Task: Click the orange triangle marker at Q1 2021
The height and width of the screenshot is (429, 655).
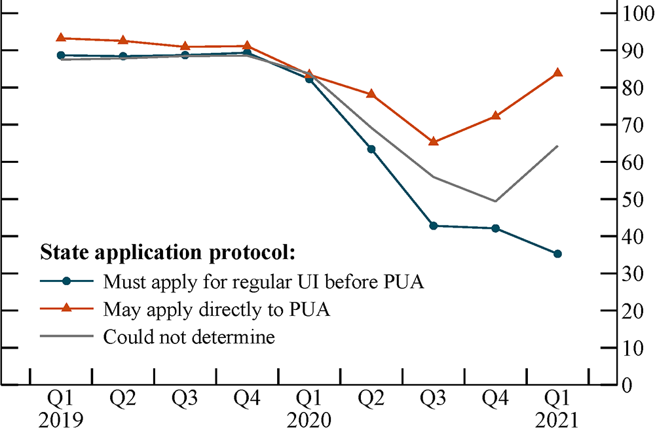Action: coord(557,73)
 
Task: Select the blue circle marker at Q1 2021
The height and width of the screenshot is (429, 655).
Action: coord(557,254)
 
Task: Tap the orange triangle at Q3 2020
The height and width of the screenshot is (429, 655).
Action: coord(433,141)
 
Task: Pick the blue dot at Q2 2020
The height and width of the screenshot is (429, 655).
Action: coord(371,149)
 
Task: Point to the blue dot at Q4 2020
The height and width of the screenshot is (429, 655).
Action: coord(495,228)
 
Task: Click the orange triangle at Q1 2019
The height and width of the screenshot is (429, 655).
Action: coord(61,38)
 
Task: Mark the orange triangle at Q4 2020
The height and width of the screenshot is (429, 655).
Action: coord(495,116)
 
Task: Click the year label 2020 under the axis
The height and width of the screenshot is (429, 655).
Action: coord(309,419)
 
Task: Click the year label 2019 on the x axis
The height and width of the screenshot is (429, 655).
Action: coord(61,419)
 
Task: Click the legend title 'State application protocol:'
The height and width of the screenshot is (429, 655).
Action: coord(168,252)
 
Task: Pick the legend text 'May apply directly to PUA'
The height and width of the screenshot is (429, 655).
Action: coord(216,310)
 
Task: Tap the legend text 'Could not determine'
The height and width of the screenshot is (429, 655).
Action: coord(189,337)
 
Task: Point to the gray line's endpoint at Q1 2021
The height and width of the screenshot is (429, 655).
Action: coord(557,146)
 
